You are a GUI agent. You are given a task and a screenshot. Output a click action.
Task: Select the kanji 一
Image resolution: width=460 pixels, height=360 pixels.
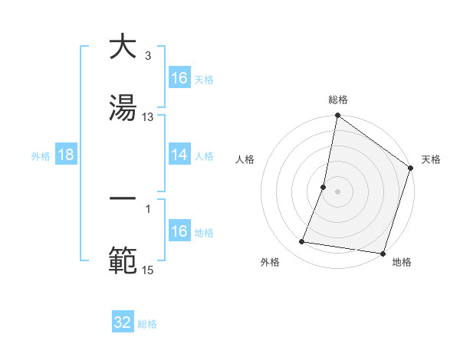tap(123, 198)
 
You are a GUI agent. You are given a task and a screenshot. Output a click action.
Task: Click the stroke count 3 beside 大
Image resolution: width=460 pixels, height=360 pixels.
tap(147, 56)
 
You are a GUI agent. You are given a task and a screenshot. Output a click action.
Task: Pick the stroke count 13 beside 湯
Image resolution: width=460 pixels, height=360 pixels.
tap(148, 117)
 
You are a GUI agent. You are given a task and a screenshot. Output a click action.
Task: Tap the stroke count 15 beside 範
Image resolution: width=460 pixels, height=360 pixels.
tap(148, 269)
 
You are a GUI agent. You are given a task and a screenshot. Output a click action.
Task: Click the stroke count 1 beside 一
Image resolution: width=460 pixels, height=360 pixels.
tap(147, 208)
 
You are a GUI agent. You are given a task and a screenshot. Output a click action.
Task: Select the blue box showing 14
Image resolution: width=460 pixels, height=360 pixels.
tap(179, 155)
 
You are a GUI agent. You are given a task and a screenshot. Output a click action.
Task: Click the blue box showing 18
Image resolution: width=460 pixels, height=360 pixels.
tap(66, 155)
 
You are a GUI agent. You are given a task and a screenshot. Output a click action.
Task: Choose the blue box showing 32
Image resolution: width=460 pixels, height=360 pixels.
tap(123, 322)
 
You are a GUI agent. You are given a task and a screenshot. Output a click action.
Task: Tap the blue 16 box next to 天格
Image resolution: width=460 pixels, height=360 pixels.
tap(179, 77)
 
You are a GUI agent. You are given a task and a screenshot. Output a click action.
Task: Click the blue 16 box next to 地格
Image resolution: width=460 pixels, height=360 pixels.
tap(179, 231)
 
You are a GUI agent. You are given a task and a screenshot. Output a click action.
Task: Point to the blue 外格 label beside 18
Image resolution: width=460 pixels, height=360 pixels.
tap(41, 155)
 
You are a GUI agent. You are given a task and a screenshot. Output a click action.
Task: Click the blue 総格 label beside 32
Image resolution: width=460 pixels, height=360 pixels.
tap(147, 324)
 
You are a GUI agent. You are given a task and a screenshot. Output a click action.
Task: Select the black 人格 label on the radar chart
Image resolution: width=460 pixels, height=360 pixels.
tap(245, 159)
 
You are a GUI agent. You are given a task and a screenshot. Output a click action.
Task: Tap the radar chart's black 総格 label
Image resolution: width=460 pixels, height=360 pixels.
tap(338, 100)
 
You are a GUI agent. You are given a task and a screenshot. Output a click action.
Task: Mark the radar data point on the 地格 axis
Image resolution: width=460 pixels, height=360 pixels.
tap(383, 254)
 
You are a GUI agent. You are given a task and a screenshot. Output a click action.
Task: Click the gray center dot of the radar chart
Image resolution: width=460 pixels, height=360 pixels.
tap(338, 191)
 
